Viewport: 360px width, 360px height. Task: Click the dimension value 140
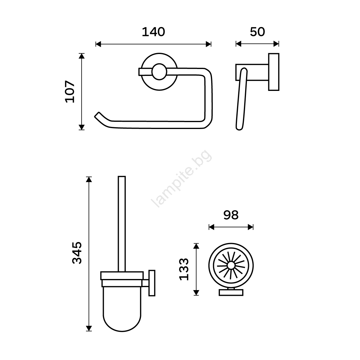(x=153, y=32)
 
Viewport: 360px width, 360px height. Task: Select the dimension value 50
(x=257, y=32)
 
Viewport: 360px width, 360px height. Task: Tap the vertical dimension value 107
(x=70, y=91)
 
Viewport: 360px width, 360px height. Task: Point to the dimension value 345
(x=77, y=253)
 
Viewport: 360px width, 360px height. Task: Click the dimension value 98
(x=231, y=215)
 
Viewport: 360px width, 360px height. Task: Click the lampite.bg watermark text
(x=181, y=178)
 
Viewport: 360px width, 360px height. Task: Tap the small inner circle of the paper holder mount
(x=159, y=72)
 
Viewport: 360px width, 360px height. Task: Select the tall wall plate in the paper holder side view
(x=274, y=72)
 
